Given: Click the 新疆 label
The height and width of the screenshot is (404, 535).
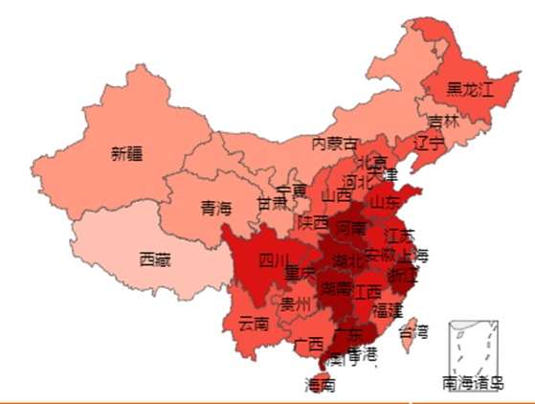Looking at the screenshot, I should (x=125, y=152).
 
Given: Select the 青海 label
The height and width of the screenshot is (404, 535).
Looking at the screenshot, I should (x=215, y=208).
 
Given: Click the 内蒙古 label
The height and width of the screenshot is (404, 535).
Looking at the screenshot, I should (x=334, y=144).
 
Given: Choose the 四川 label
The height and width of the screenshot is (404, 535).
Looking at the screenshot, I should (x=273, y=260).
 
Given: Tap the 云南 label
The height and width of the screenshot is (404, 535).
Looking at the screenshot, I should (x=254, y=322).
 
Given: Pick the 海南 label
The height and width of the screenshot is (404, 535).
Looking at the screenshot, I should (x=320, y=385).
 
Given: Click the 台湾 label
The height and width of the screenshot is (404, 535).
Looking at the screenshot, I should (x=412, y=332).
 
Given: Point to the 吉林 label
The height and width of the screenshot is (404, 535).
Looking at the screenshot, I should (x=443, y=123).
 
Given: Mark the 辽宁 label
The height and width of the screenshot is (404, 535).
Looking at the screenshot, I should (x=429, y=145).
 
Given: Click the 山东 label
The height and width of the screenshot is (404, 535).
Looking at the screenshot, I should (x=386, y=203).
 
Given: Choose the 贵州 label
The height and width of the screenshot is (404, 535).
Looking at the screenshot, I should (x=296, y=304).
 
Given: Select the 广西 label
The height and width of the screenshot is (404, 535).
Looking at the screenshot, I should (x=308, y=343).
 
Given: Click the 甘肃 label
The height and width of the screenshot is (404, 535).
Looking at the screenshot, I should (x=271, y=204).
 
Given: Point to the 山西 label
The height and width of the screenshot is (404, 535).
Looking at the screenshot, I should (x=336, y=195).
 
